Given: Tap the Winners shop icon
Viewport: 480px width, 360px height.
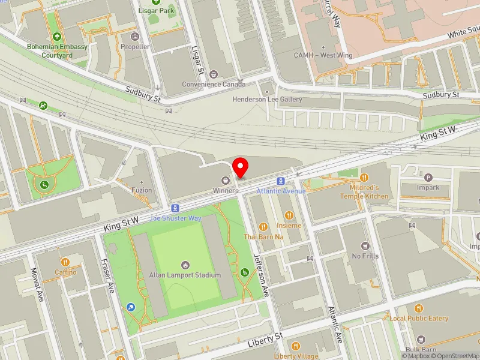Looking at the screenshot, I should [226, 180].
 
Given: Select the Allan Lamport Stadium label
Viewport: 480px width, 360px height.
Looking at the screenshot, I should [185, 275].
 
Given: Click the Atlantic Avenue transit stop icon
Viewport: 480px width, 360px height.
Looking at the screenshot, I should [280, 181].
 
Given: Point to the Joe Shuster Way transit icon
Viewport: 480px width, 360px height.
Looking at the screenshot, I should [175, 208].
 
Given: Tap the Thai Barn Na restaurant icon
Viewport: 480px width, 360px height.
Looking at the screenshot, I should [263, 226].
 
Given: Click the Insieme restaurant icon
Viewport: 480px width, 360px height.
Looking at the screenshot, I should [289, 215].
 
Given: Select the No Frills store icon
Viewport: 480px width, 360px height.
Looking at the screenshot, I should [365, 245].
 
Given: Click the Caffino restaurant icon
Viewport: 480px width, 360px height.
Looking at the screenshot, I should [65, 262].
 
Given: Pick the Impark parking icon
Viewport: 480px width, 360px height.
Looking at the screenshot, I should [428, 178].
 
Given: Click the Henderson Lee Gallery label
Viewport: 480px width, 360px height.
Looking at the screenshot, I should [267, 99].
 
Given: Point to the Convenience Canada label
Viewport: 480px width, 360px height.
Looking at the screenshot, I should [214, 84].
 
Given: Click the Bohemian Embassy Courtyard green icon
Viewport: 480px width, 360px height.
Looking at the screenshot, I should [58, 35].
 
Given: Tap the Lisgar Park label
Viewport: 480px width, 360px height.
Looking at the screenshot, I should [157, 11].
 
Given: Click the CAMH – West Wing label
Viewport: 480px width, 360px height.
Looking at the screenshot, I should [323, 55].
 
